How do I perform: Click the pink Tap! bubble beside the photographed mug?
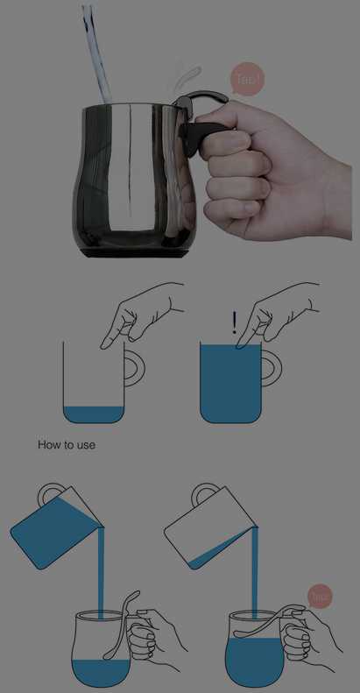click(x=248, y=79)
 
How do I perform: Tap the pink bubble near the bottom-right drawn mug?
click(x=320, y=598)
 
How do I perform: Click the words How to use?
click(x=67, y=444)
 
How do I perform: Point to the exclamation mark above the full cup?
click(x=235, y=323)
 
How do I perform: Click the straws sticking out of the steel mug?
click(x=97, y=53)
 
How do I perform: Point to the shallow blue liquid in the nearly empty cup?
click(x=94, y=414)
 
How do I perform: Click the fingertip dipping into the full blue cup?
click(x=241, y=345)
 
